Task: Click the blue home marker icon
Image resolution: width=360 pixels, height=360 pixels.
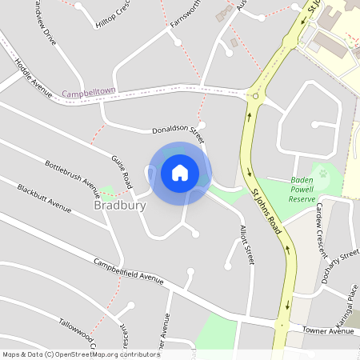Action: [x=180, y=172]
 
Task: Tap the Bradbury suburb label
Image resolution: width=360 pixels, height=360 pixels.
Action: [x=120, y=206]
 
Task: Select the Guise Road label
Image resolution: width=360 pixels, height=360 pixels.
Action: [x=122, y=172]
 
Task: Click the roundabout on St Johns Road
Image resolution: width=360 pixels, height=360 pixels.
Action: [x=255, y=96]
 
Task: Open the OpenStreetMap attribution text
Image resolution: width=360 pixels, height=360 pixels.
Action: [x=81, y=354]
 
